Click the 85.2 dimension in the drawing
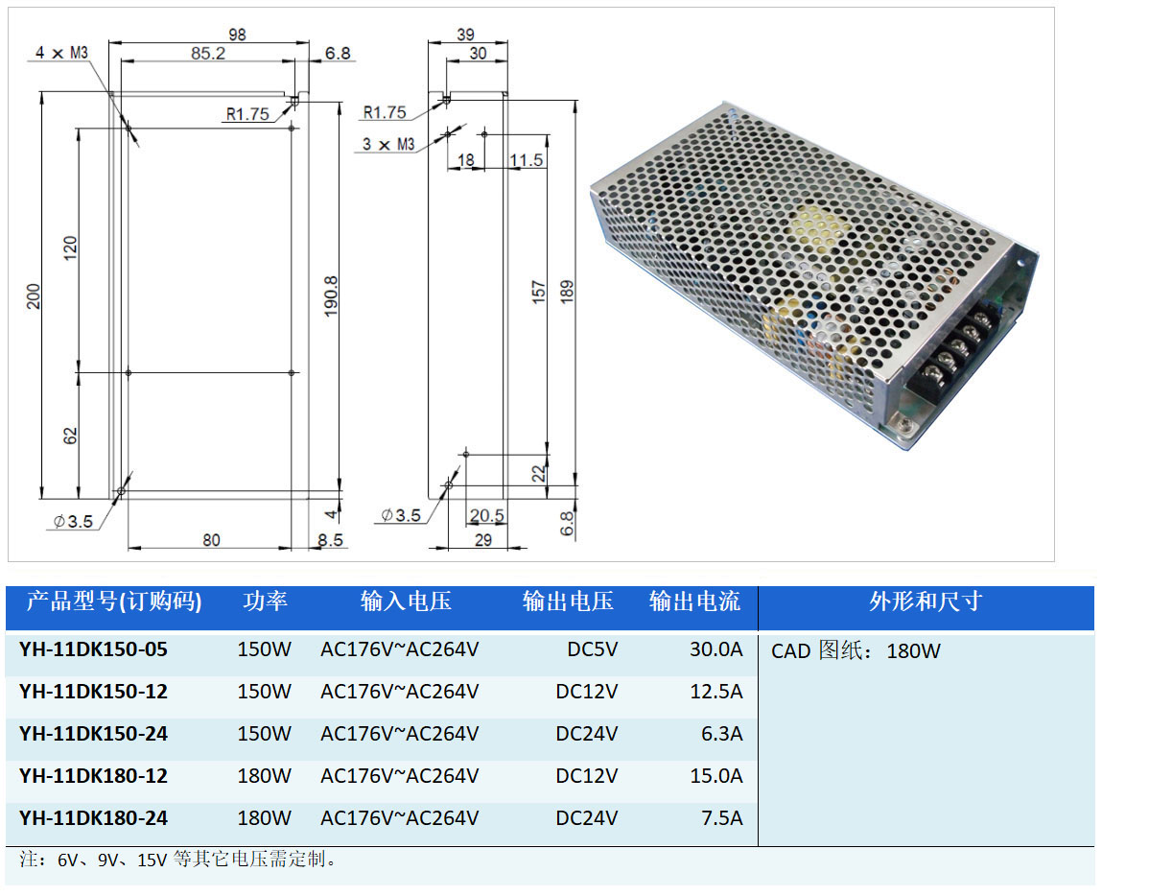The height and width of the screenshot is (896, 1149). (207, 54)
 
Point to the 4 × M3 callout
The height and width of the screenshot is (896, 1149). (62, 53)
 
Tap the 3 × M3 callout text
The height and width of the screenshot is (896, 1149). (388, 144)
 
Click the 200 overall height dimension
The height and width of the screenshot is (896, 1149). (34, 295)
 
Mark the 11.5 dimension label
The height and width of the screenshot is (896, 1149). (527, 160)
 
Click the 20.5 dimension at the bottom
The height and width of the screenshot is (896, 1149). (486, 516)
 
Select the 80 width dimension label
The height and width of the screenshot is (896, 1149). (211, 540)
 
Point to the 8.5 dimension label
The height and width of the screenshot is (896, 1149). (330, 540)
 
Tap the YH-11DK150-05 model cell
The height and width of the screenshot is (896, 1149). (93, 649)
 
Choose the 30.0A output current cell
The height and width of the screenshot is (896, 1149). (716, 649)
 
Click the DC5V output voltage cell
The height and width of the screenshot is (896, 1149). (592, 649)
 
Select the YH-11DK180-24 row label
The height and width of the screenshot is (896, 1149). (93, 818)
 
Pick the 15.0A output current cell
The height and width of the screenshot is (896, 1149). (716, 776)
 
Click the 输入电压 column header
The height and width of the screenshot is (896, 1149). (406, 602)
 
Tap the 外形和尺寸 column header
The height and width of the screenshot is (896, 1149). (926, 602)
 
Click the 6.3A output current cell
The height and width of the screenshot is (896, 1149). (722, 734)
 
